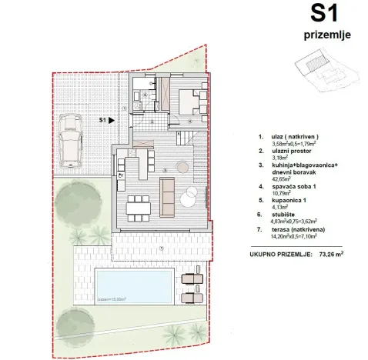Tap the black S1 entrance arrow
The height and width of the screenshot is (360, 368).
[x=112, y=120]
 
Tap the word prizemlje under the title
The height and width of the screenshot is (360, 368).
[x=323, y=35]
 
